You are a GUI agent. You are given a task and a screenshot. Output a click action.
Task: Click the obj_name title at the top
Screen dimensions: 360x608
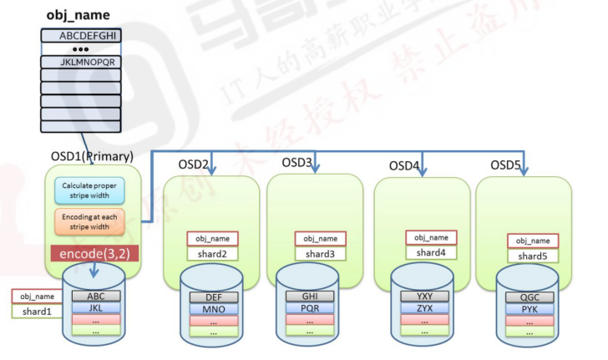(x=77, y=15)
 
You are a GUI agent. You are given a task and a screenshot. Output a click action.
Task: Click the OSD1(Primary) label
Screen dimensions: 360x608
(x=92, y=156)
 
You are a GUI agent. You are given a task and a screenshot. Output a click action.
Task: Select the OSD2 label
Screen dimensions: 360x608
(x=194, y=164)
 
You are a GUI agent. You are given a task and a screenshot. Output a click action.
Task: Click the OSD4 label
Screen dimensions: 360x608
(x=405, y=165)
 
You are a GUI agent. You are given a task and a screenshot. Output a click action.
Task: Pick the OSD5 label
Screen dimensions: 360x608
(x=507, y=164)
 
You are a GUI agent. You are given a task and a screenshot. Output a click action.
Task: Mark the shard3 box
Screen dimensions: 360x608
(x=320, y=253)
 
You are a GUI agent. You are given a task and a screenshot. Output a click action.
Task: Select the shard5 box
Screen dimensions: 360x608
(x=533, y=256)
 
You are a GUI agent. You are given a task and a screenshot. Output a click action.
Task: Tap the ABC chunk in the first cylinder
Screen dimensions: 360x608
(x=97, y=296)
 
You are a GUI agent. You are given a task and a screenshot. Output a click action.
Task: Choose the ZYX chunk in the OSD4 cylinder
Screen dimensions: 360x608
(x=426, y=308)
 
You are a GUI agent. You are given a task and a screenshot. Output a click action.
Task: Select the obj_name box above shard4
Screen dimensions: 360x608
(x=431, y=237)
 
